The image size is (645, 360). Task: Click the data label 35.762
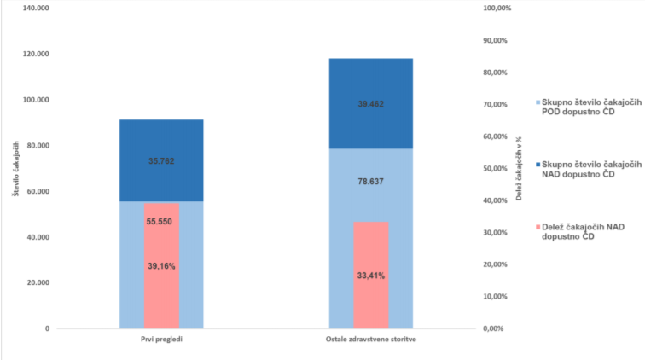pyautogui.click(x=161, y=160)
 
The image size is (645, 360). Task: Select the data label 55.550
pyautogui.click(x=161, y=221)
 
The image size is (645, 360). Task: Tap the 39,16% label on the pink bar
pyautogui.click(x=161, y=265)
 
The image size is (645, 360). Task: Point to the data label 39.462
pyautogui.click(x=370, y=104)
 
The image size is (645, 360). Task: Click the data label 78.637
pyautogui.click(x=370, y=181)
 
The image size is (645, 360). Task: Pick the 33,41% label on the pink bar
pyautogui.click(x=370, y=276)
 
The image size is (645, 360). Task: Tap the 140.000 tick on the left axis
pyautogui.click(x=37, y=8)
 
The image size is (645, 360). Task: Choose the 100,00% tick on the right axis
pyautogui.click(x=497, y=8)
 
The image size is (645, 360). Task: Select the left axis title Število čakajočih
pyautogui.click(x=15, y=168)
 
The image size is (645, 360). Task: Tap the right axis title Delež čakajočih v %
pyautogui.click(x=519, y=168)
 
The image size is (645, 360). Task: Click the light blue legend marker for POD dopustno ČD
pyautogui.click(x=537, y=103)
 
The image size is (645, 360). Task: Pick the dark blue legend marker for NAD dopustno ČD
pyautogui.click(x=537, y=163)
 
